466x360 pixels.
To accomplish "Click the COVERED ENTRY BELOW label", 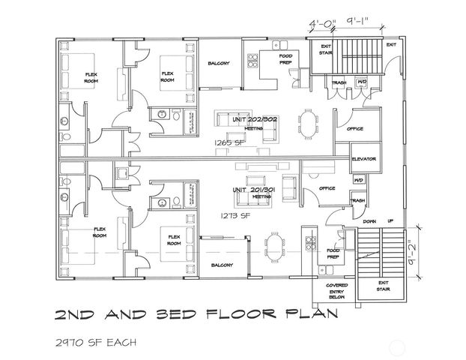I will (336, 291).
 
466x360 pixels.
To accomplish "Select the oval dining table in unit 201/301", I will (278, 244).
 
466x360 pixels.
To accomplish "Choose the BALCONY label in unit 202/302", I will (218, 64).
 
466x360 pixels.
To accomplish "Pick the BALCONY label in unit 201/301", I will (222, 265).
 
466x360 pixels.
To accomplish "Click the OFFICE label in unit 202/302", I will (354, 129).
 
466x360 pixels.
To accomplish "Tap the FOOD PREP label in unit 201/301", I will (333, 253).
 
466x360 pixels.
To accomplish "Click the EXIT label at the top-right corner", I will (390, 45).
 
